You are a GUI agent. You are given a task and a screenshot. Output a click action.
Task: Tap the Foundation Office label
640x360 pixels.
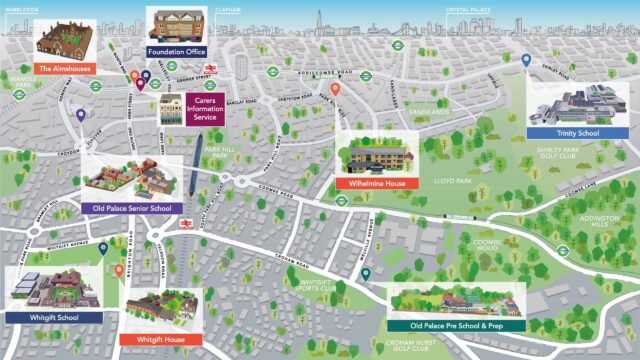175,50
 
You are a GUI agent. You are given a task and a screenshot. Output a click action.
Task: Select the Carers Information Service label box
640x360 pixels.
205,109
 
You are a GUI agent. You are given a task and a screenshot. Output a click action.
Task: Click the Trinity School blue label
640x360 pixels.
577,132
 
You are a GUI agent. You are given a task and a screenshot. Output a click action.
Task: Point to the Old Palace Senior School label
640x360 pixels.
132,208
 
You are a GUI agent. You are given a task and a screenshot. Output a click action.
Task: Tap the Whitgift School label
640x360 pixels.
53,317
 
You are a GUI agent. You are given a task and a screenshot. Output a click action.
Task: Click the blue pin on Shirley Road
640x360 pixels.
526,61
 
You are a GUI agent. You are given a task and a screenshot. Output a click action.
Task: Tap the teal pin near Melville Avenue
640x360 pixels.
366,273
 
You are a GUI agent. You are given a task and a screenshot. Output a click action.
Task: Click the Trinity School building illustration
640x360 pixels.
577,103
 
